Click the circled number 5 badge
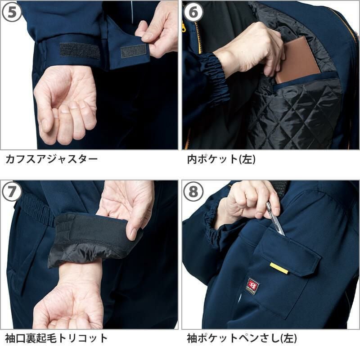[x=12, y=12]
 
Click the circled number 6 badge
[x=193, y=12]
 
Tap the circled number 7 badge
[x=12, y=191]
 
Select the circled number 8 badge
[x=193, y=191]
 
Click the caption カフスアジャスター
[x=52, y=159]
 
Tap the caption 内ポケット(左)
[x=221, y=159]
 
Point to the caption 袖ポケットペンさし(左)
[x=242, y=338]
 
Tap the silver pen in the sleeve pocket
[x=275, y=219]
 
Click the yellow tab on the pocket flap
[x=279, y=268]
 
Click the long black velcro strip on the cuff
[x=80, y=50]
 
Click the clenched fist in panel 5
[x=65, y=106]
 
